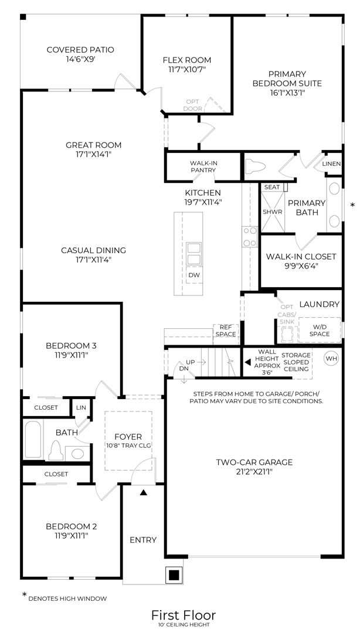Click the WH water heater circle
[x=331, y=358]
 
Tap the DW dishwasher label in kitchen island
[x=193, y=275]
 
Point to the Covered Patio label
[x=80, y=50]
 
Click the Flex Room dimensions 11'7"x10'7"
[x=186, y=69]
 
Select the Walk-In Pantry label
[x=203, y=166]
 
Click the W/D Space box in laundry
[x=320, y=331]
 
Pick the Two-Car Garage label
[x=254, y=462]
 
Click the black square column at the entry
[x=174, y=575]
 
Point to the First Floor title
[x=184, y=615]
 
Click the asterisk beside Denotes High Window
[x=24, y=595]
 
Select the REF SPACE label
[x=226, y=331]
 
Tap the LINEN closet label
[x=331, y=164]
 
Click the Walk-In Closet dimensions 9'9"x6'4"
[x=301, y=266]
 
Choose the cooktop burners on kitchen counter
[x=249, y=237]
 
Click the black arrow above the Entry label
[x=143, y=493]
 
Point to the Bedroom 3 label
[x=71, y=345]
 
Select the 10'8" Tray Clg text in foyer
[x=128, y=446]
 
